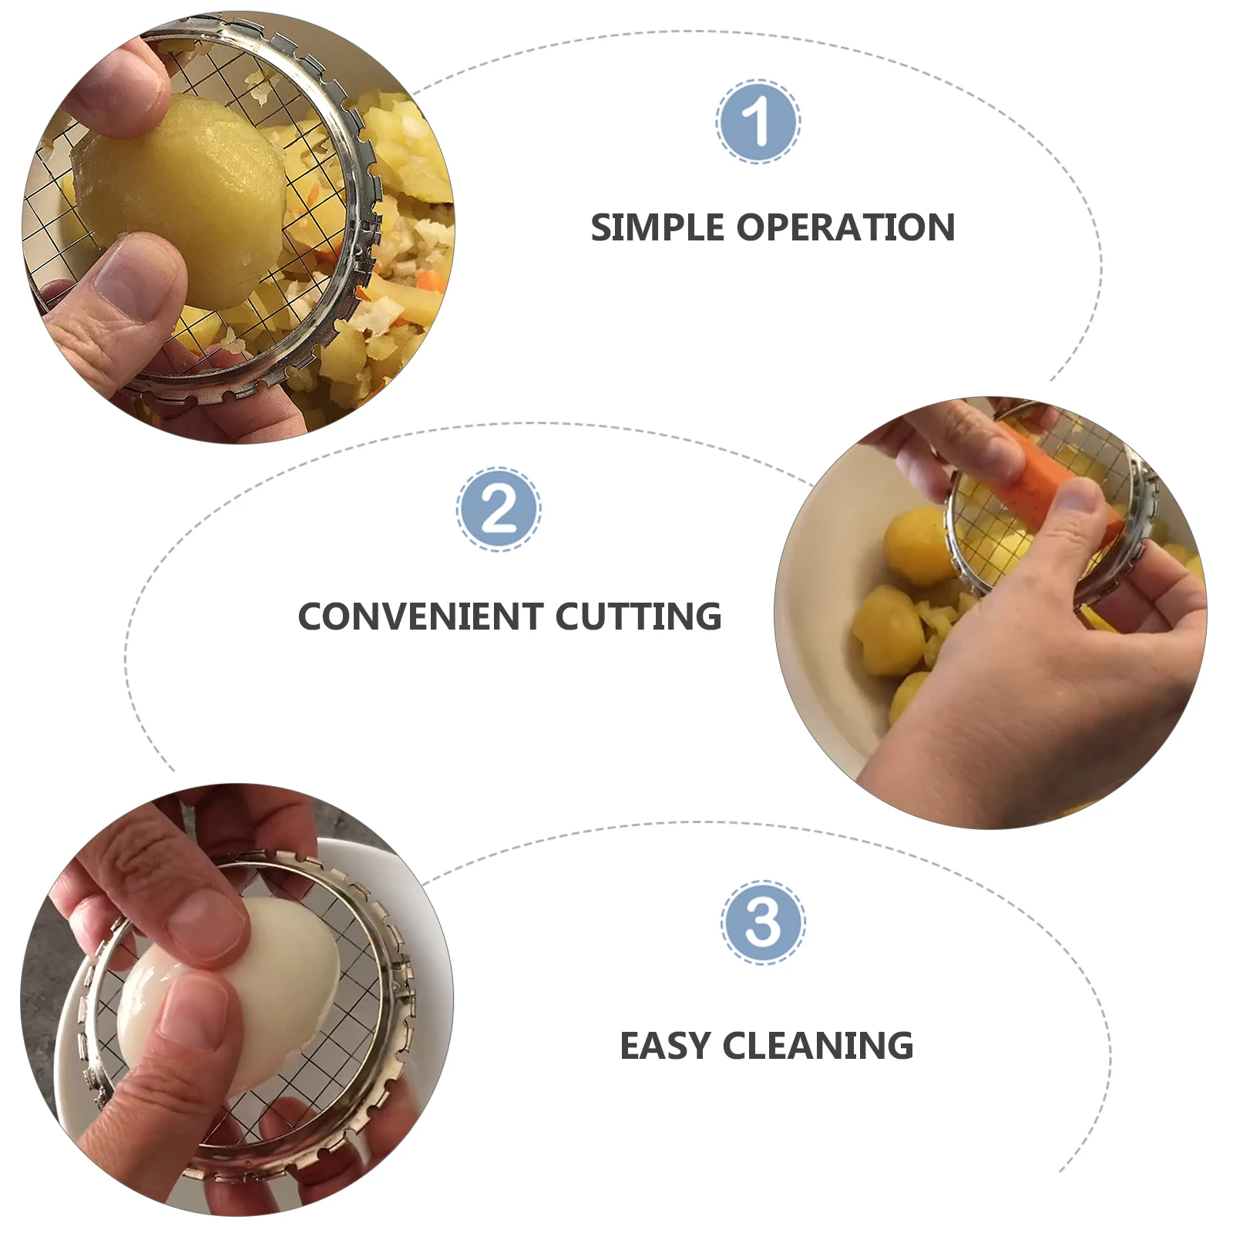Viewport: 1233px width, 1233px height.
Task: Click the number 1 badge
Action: pos(758,121)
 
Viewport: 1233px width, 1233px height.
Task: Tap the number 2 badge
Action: pos(499,509)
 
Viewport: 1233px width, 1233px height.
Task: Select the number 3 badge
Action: pos(763,922)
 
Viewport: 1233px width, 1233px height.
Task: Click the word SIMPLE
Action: pos(657,228)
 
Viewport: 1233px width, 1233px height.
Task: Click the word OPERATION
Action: pos(845,228)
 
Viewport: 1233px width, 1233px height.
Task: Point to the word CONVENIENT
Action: pos(420,616)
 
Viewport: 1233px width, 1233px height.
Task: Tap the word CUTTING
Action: pos(638,616)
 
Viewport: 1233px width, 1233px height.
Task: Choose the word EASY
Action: pos(664,1046)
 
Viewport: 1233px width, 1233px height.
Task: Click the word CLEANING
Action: pos(818,1046)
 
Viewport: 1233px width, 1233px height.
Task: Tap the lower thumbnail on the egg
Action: pos(193,1010)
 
